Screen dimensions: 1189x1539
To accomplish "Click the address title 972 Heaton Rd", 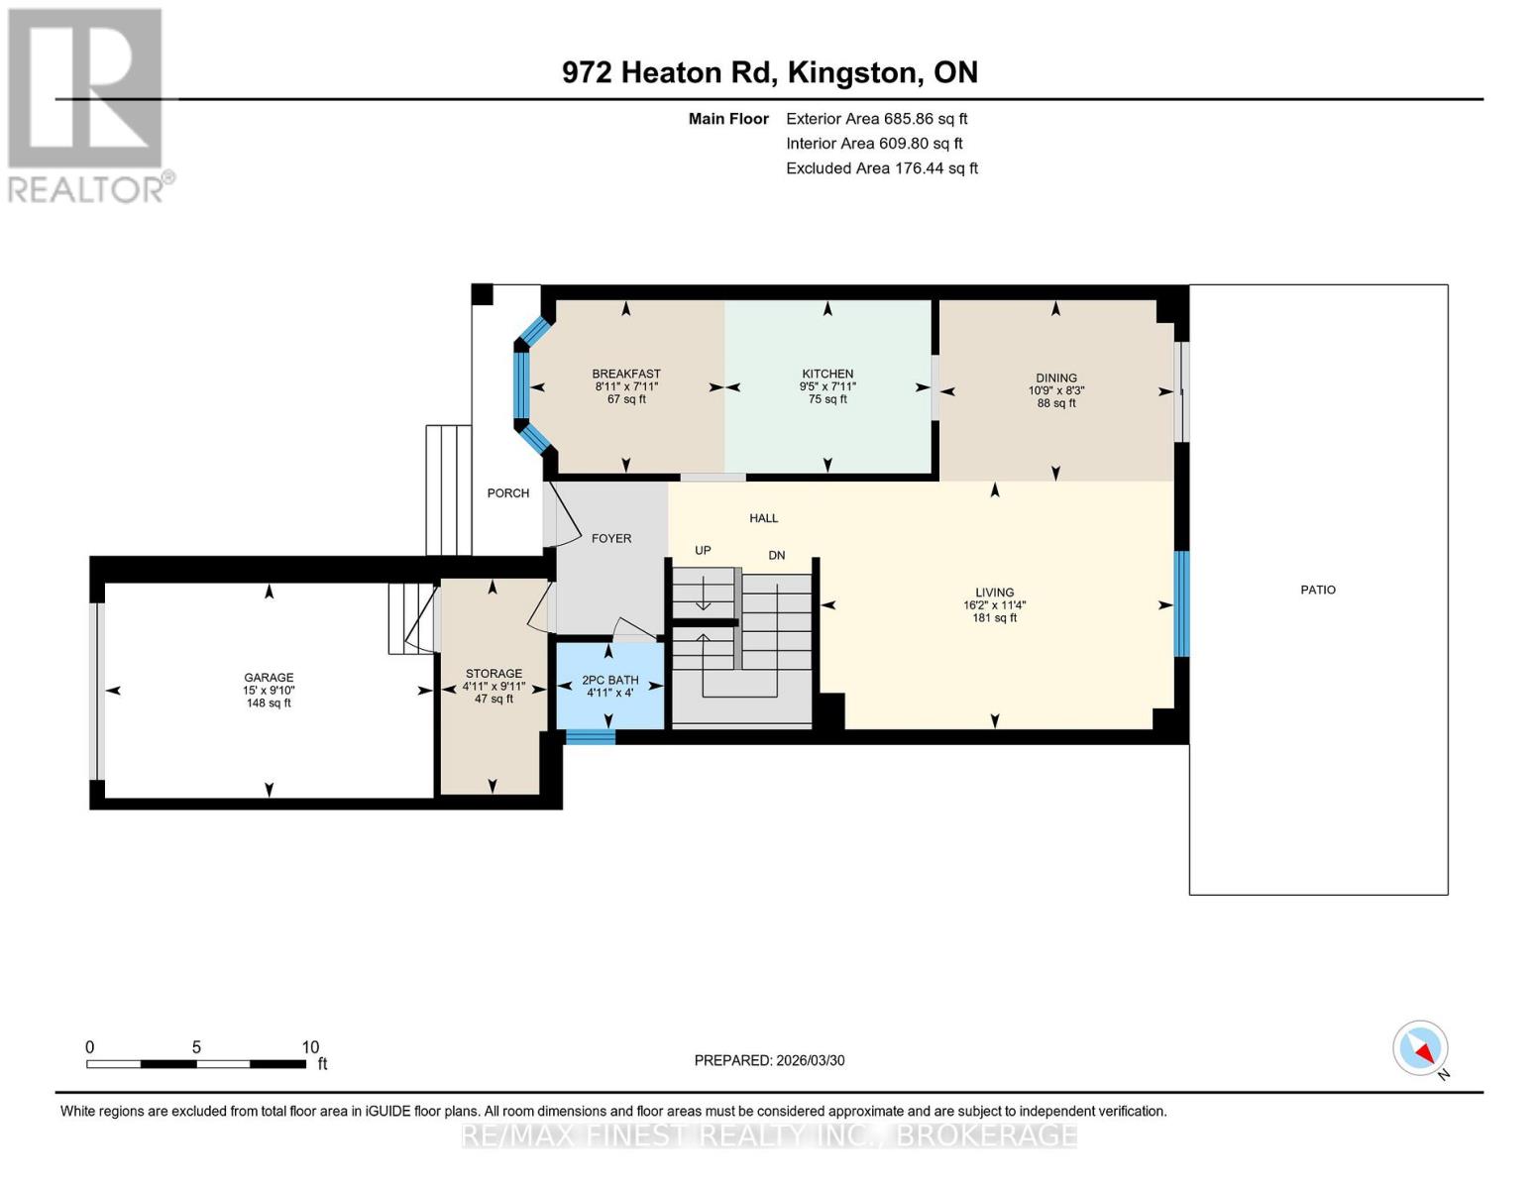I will tap(770, 72).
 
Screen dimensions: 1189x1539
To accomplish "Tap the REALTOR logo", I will tap(87, 105).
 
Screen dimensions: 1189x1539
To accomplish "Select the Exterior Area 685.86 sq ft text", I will tap(876, 119).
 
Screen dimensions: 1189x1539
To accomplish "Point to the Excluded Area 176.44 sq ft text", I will tap(882, 168).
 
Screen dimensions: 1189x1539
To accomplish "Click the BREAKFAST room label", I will tap(626, 375).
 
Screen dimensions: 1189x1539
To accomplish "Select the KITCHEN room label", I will tap(827, 375).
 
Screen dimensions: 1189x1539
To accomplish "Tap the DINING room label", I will tap(1056, 378).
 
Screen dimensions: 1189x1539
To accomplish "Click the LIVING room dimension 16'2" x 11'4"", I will tap(994, 605).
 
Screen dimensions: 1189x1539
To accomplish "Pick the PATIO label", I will tap(1318, 590).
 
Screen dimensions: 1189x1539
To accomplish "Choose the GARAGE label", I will tap(269, 678).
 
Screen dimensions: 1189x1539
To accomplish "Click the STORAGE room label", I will tap(494, 674).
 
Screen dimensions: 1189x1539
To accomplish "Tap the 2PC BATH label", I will tap(609, 681).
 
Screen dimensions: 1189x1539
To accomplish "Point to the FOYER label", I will tap(611, 539).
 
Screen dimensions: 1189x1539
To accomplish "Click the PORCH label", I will tap(508, 493).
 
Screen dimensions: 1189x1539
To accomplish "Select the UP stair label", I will tap(703, 551).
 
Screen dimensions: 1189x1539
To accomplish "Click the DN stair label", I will tap(777, 556).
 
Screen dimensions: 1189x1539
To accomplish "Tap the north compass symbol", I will tap(1421, 1048).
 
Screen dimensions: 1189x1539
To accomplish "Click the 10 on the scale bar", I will tap(310, 1047).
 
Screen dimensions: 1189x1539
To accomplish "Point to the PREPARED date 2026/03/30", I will tap(769, 1060).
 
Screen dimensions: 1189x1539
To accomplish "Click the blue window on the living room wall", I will tap(1181, 604).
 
